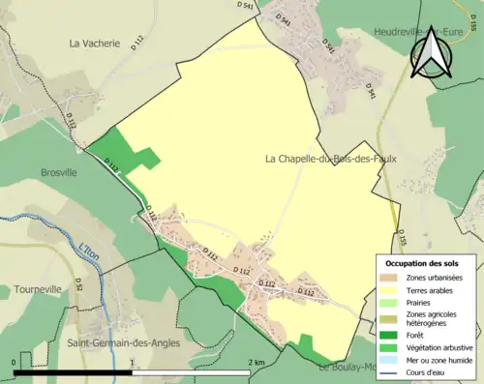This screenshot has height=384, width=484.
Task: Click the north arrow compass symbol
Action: [432, 52]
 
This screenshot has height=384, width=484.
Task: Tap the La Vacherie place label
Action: [94, 44]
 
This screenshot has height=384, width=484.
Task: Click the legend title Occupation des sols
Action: [429, 263]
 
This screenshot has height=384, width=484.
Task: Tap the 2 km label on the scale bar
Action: [257, 362]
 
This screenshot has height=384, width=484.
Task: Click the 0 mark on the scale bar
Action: [15, 362]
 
